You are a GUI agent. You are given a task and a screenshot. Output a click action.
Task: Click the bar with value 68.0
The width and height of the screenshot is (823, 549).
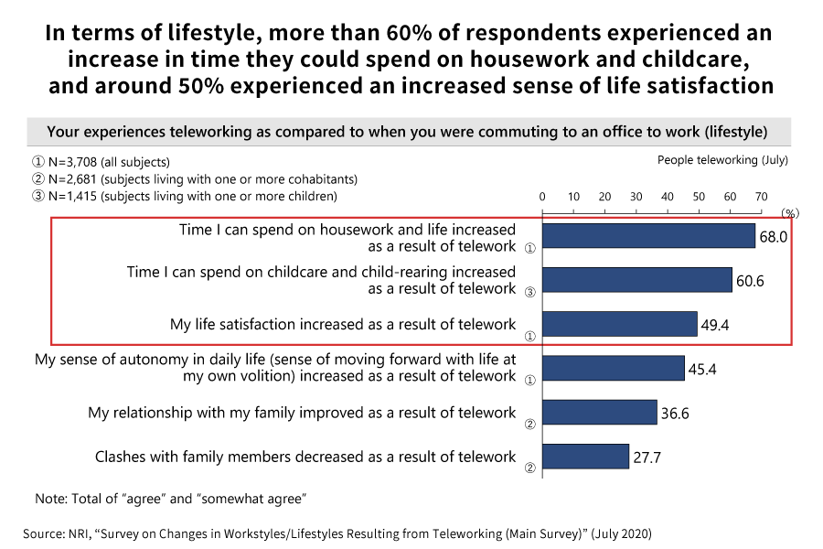[648, 236]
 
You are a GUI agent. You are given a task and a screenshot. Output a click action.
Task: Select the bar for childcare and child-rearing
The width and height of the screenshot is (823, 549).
[637, 280]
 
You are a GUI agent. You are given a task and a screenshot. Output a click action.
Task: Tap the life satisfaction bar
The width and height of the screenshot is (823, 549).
[619, 324]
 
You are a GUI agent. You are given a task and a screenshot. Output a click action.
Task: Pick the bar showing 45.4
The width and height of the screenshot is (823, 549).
[613, 368]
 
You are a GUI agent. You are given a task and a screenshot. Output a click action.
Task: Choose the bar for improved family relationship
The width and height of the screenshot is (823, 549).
[599, 413]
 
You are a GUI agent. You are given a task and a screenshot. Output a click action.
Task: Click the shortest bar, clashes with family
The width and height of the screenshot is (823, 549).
[585, 457]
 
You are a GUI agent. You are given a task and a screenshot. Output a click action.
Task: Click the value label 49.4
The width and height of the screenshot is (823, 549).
[715, 325]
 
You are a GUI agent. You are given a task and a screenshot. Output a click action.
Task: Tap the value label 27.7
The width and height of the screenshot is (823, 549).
[647, 457]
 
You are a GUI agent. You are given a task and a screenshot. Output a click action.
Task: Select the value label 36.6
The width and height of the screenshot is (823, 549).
[674, 414]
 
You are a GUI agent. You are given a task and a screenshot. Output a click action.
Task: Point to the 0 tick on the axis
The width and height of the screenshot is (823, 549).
[542, 197]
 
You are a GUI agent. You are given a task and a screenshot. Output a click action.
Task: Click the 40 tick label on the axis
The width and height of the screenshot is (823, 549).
[667, 197]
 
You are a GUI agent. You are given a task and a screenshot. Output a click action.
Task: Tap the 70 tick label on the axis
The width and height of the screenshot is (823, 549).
[761, 197]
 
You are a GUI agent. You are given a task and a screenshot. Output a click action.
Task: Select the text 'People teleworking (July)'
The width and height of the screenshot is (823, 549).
[722, 160]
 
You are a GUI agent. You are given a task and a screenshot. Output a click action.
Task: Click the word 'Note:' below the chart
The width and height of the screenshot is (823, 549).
[51, 499]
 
